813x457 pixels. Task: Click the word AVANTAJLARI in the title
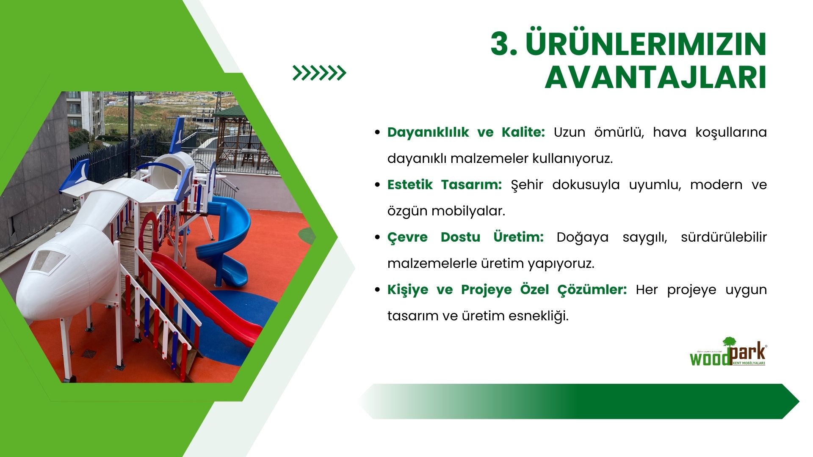coord(655,77)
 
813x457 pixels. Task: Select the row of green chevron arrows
coord(319,73)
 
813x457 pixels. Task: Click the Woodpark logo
coord(728,352)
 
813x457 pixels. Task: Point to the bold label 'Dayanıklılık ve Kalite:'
coord(466,132)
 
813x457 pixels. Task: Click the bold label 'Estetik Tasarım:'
coord(445,185)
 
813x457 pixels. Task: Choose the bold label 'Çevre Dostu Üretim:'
coord(465,237)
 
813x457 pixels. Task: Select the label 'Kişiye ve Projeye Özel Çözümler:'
coord(507,290)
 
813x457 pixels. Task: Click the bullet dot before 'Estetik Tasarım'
coord(378,185)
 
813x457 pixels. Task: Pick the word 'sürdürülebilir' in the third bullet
coord(724,237)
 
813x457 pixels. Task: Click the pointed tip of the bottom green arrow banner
coord(799,401)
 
